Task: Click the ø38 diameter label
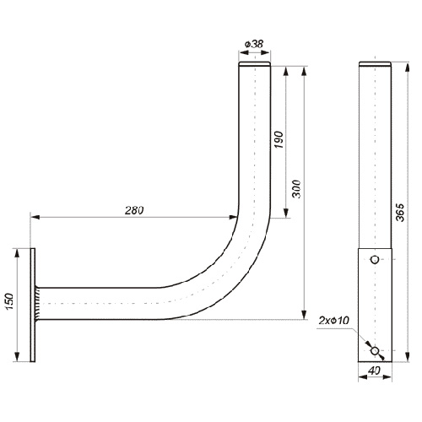click(x=254, y=44)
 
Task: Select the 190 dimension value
click(x=279, y=140)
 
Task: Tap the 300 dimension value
click(x=296, y=189)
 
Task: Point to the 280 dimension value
click(x=134, y=210)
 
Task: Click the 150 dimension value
click(x=9, y=301)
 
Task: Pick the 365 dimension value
click(x=400, y=213)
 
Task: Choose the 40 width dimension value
click(x=374, y=371)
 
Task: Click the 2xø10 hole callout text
click(x=334, y=320)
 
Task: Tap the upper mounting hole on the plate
click(x=375, y=259)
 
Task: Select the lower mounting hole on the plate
click(x=375, y=350)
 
